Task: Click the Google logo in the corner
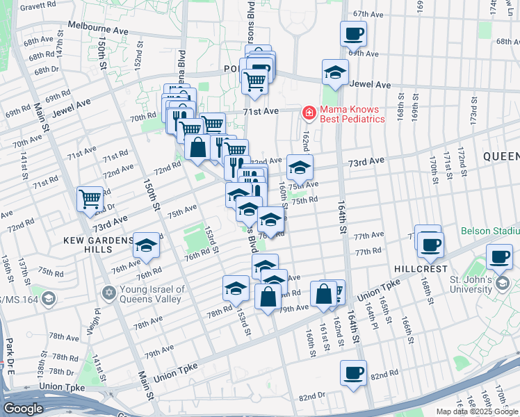23,409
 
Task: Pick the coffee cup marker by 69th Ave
353,33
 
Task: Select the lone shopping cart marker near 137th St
90,199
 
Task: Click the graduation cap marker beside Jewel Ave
335,72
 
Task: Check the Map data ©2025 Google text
477,411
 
